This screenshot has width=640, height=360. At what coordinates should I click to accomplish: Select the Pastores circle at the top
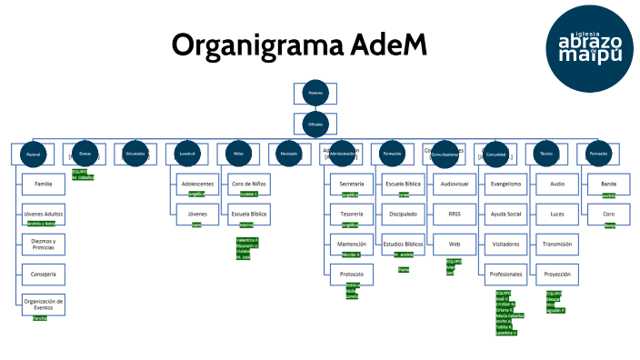tap(315, 94)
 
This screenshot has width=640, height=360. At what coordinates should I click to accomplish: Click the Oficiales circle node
tap(315, 124)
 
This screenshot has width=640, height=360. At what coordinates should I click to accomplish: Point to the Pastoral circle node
tap(34, 155)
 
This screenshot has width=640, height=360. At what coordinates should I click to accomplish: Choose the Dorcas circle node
tap(85, 155)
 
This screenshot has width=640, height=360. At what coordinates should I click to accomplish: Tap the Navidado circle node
tap(289, 155)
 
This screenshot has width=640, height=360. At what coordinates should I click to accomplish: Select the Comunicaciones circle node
tap(445, 155)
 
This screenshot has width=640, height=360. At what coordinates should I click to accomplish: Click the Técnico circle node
tap(545, 155)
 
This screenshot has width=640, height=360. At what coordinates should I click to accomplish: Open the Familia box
tap(43, 185)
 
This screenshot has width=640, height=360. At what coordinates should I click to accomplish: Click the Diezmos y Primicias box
tap(43, 244)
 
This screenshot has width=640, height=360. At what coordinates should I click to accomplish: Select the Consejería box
tap(43, 274)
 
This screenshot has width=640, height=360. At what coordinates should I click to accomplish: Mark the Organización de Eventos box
tap(43, 304)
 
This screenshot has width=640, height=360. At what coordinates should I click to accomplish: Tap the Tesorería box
tap(351, 215)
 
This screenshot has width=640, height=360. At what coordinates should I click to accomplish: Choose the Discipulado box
tap(403, 215)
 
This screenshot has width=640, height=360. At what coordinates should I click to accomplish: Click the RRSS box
tap(454, 215)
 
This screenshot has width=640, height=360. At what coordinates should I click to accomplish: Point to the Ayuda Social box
tap(505, 215)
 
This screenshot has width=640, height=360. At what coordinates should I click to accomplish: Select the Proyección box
tap(556, 274)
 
